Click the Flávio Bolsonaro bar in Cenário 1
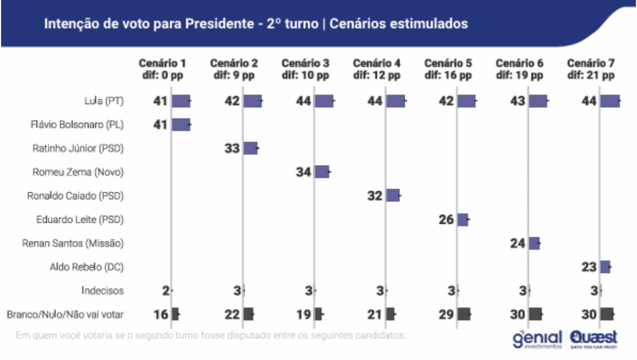(x=181, y=124)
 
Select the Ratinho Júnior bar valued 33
(x=251, y=148)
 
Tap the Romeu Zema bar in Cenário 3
(x=322, y=171)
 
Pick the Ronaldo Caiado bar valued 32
(x=393, y=195)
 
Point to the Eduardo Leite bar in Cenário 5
(x=463, y=219)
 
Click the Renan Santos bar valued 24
(x=534, y=243)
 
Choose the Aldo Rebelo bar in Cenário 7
(x=605, y=267)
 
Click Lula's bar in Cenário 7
(x=610, y=101)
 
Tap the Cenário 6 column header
(x=519, y=69)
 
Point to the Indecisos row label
(x=103, y=291)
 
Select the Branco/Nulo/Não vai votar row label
(x=65, y=315)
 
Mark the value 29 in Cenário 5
(x=446, y=315)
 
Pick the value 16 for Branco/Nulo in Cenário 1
(x=161, y=315)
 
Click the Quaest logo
(x=593, y=339)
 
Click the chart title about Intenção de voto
(x=256, y=24)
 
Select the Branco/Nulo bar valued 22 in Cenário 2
(x=248, y=314)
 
